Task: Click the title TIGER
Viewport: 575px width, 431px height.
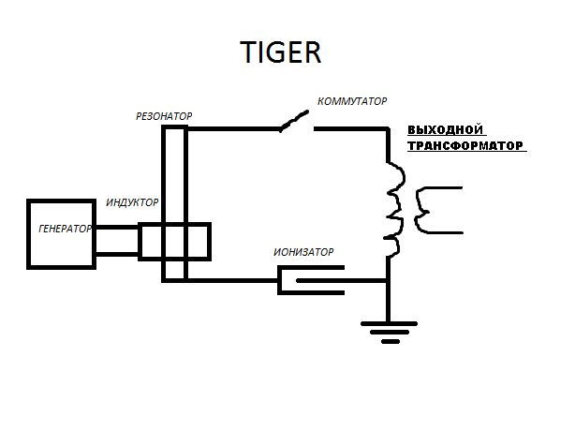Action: pyautogui.click(x=280, y=52)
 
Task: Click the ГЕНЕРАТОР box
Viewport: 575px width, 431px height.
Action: pyautogui.click(x=61, y=233)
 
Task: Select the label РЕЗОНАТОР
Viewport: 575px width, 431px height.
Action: pyautogui.click(x=164, y=116)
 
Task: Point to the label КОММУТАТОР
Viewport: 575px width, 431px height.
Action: pyautogui.click(x=352, y=101)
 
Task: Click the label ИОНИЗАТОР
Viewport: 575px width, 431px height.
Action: pyautogui.click(x=303, y=252)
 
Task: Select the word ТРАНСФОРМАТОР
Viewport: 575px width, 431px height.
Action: pyautogui.click(x=464, y=146)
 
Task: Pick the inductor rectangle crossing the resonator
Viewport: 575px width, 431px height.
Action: pyautogui.click(x=174, y=241)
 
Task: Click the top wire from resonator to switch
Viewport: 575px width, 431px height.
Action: pyautogui.click(x=234, y=129)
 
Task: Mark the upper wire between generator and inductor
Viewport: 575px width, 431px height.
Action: pyautogui.click(x=117, y=228)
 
